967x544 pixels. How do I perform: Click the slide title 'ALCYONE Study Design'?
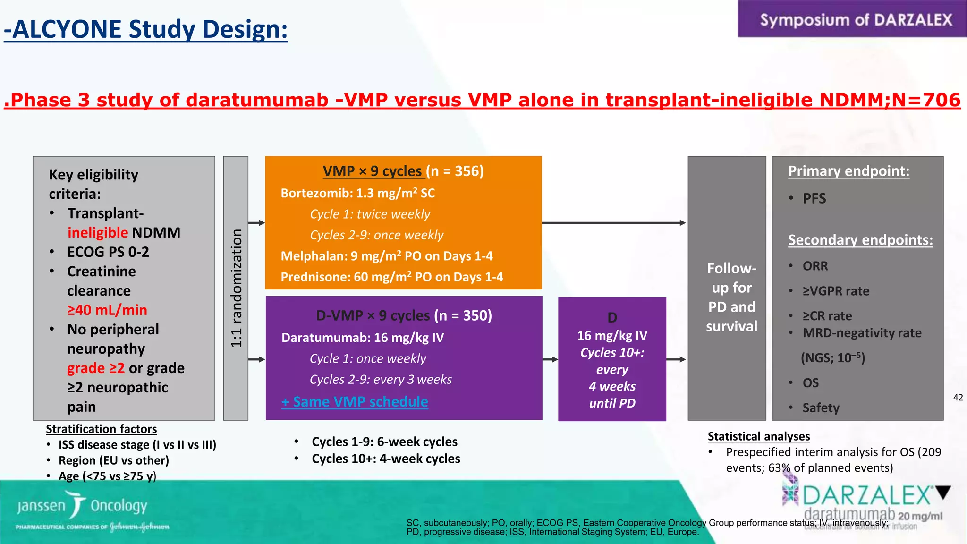[146, 29]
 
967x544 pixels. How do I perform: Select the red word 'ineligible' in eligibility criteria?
[97, 233]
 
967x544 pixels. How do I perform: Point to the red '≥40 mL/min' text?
[107, 310]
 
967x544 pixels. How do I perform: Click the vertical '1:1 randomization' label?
[236, 288]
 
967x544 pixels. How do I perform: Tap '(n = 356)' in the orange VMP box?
[455, 171]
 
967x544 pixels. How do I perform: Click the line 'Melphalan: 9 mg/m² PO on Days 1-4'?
[386, 256]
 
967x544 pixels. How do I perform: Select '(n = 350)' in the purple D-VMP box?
[463, 315]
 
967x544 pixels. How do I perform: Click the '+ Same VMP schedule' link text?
[355, 402]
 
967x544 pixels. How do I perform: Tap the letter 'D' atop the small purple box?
[612, 318]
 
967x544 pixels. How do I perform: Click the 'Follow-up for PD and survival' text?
[731, 297]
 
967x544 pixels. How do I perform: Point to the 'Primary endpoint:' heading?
[848, 171]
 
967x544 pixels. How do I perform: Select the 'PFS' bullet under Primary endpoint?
[814, 198]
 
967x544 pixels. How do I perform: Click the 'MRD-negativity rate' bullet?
[862, 333]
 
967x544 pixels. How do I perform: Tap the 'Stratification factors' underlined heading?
[101, 429]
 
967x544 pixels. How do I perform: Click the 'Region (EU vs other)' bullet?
[113, 460]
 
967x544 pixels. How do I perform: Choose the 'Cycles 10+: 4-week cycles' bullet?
[386, 459]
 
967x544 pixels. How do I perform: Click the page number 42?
[958, 398]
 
